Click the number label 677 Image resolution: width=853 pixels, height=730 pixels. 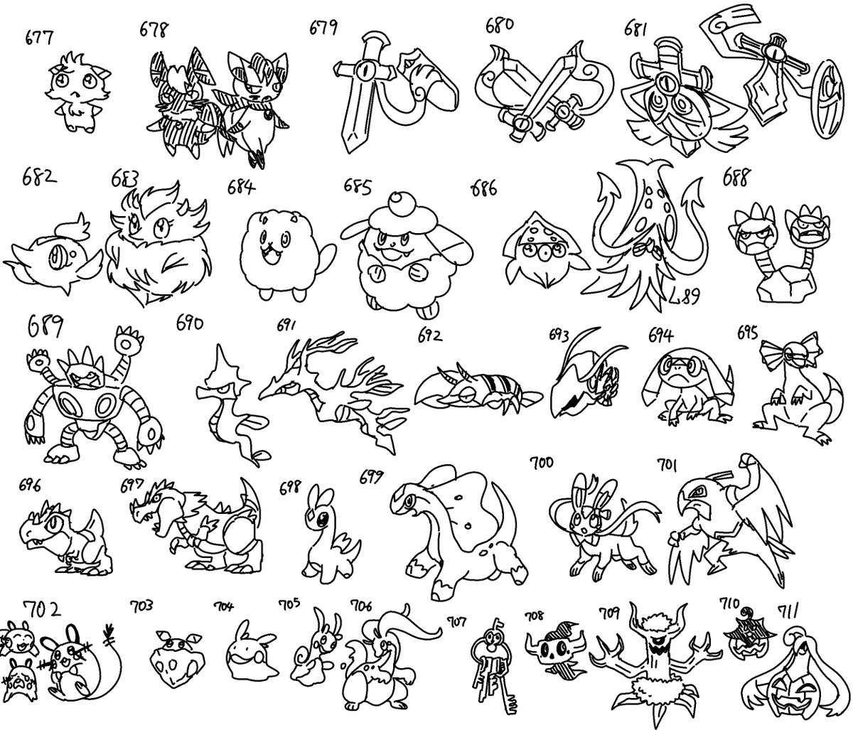[39, 38]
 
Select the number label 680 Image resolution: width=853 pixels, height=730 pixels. [500, 26]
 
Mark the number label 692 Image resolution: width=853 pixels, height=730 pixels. [431, 336]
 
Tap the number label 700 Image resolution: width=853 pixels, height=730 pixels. [542, 463]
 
